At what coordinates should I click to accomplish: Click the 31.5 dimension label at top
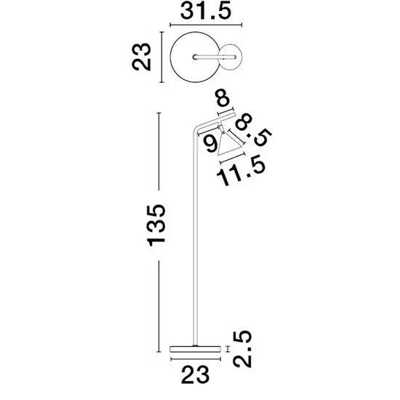point(206,11)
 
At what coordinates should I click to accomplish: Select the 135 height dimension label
point(156,225)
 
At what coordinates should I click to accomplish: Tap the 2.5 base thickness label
point(242,349)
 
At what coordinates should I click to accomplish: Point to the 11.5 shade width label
point(241,170)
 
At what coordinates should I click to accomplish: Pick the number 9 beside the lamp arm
point(212,143)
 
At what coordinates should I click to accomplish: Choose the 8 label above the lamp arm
point(223,97)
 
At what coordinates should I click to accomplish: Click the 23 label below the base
point(196,375)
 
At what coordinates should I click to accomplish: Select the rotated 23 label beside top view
point(141,57)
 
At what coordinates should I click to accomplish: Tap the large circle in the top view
point(170,57)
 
